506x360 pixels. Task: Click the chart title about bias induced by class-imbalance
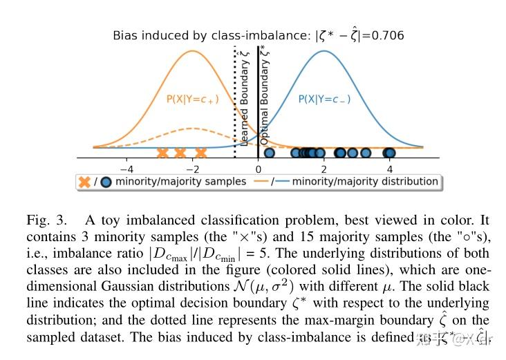tap(259, 35)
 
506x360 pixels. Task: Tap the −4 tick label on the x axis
tap(126, 168)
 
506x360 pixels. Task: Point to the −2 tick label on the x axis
tap(192, 168)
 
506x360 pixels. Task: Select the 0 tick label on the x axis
tap(258, 168)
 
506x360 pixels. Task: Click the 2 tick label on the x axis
tap(324, 168)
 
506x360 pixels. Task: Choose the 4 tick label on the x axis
tap(389, 168)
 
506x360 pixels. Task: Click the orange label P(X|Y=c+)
tap(192, 100)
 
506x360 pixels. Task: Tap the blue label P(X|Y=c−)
tap(324, 100)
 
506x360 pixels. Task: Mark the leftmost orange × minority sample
tap(162, 153)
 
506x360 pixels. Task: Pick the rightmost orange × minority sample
tap(201, 153)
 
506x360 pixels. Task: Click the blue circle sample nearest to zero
tap(269, 153)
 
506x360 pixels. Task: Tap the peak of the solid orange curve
tap(192, 50)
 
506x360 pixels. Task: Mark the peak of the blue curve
tap(324, 50)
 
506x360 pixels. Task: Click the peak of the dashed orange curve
tap(192, 129)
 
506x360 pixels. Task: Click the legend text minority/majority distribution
tap(365, 182)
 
